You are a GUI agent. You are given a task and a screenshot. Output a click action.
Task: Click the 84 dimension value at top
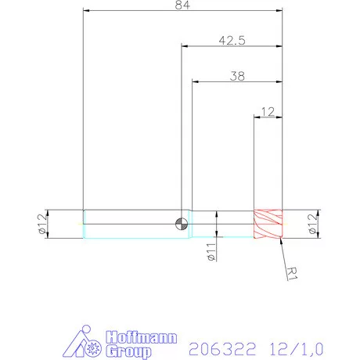182,5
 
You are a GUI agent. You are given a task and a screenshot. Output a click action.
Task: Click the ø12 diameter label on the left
41,224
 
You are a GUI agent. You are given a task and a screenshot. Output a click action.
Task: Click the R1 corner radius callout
292,272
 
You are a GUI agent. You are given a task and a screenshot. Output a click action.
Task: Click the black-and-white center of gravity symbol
182,223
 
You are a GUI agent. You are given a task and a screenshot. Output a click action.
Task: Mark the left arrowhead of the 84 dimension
86,11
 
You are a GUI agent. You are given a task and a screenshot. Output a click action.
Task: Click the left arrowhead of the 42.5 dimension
185,46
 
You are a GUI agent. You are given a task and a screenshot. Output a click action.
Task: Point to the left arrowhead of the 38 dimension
195,81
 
